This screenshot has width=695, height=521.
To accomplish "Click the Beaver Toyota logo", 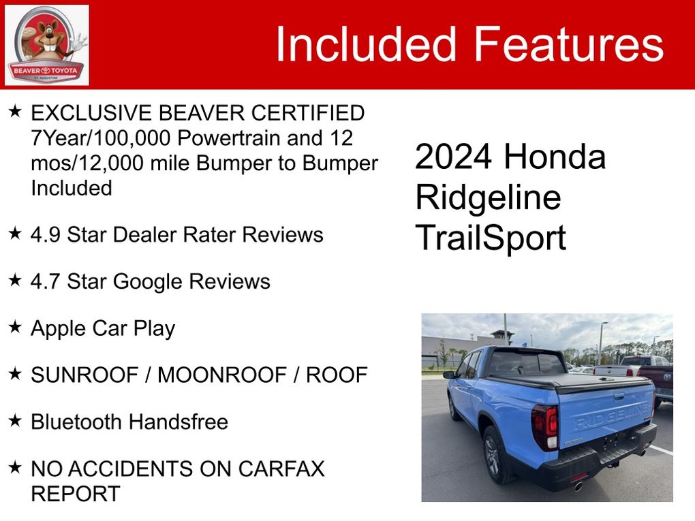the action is pyautogui.click(x=46, y=45).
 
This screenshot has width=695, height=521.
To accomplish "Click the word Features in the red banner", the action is pyautogui.click(x=569, y=44).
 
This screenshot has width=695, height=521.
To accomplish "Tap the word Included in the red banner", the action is pyautogui.click(x=366, y=44).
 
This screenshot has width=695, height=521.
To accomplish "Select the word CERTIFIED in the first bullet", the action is pyautogui.click(x=307, y=113).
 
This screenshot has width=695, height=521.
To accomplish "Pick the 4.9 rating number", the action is pyautogui.click(x=45, y=235).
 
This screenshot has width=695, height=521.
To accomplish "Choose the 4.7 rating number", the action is pyautogui.click(x=45, y=282).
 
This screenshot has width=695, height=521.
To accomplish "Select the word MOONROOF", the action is pyautogui.click(x=221, y=375).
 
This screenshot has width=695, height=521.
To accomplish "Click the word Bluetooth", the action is pyautogui.click(x=76, y=422).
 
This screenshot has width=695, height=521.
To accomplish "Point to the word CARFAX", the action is pyautogui.click(x=281, y=469).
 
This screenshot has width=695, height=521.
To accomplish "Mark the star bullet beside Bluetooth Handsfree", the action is pyautogui.click(x=15, y=420).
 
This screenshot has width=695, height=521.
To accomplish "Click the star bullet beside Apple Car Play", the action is pyautogui.click(x=15, y=327).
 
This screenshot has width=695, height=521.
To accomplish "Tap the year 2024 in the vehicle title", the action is pyautogui.click(x=453, y=157).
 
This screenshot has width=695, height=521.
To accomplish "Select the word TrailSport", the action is pyautogui.click(x=491, y=238).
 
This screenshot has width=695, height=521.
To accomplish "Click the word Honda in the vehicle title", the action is pyautogui.click(x=555, y=157).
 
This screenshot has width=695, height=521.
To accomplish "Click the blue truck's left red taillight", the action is pyautogui.click(x=545, y=426).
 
